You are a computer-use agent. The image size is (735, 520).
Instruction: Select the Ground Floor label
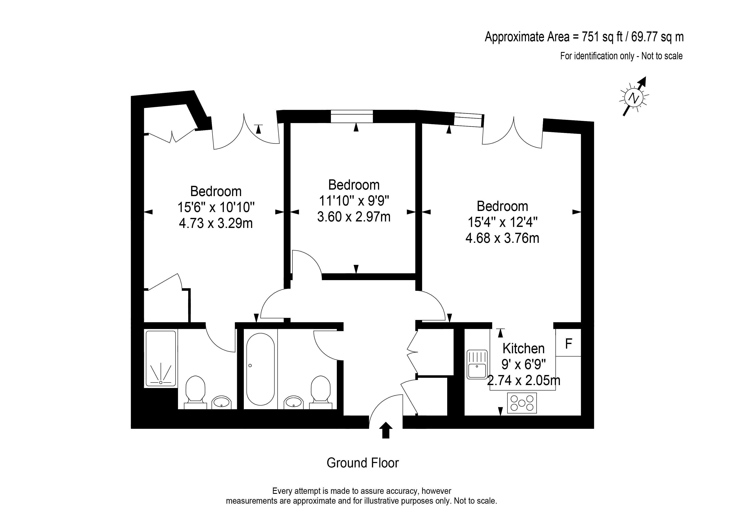363,463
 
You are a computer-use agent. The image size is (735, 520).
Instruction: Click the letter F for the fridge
568,344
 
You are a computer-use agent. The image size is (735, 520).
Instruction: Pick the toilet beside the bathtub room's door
320,392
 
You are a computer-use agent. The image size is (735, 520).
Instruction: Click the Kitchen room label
523,348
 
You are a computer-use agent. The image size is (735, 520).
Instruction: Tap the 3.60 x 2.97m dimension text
354,217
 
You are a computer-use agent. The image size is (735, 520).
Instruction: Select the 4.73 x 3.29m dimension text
216,223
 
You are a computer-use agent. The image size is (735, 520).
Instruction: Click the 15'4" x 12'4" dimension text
502,222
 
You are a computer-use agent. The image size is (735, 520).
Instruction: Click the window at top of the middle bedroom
352,116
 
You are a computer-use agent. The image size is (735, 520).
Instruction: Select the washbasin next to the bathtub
293,402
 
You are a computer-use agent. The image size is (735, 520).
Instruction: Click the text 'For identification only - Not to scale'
621,56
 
